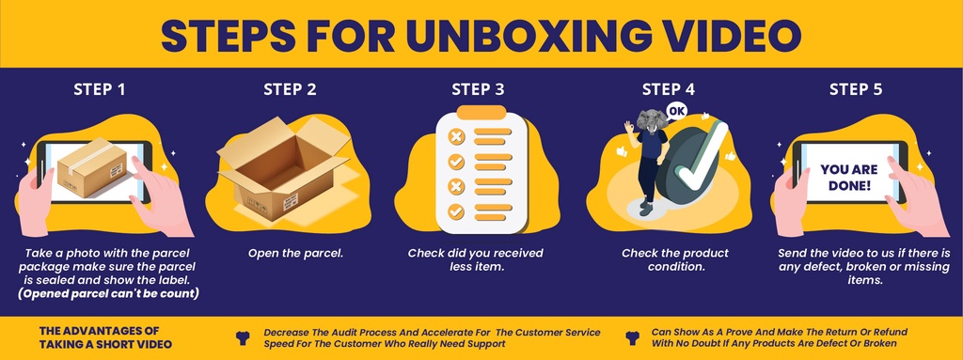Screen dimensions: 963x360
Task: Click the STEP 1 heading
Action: [100, 89]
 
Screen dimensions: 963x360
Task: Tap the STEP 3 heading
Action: [478, 89]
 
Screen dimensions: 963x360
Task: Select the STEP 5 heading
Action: [856, 89]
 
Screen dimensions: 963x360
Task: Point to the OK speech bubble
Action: [676, 111]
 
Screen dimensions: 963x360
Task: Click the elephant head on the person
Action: [652, 120]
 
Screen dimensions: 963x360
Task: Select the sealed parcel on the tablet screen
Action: [92, 167]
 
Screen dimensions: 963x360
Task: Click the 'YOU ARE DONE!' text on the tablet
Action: [849, 177]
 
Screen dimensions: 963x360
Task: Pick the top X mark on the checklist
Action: [456, 136]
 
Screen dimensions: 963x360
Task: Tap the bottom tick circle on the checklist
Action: [456, 211]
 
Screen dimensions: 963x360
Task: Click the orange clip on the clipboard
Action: [481, 113]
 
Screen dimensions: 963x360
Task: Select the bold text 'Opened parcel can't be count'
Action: [108, 293]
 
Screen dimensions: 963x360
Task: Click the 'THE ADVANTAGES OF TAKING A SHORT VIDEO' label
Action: [105, 337]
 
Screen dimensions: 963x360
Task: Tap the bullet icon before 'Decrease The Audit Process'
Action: [243, 337]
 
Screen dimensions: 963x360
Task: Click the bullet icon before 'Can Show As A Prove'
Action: [632, 337]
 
